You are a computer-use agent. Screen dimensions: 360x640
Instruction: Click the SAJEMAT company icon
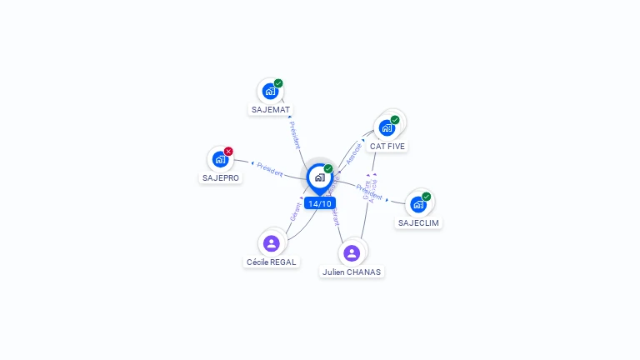269,91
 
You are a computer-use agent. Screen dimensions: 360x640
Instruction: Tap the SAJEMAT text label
271,109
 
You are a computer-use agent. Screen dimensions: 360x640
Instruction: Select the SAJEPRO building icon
220,159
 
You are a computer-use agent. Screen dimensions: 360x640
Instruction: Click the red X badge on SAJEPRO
228,152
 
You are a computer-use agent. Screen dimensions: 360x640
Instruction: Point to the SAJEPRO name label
221,177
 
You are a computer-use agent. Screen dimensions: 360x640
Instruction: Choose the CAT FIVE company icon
387,127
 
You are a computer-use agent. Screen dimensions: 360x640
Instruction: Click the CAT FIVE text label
387,146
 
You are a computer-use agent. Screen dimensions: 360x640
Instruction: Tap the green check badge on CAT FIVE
395,120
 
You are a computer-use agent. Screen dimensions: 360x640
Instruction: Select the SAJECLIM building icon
418,204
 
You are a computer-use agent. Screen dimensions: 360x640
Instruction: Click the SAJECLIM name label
418,222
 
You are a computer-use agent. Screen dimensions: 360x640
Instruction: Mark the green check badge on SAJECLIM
427,197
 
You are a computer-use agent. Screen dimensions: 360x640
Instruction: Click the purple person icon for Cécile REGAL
271,243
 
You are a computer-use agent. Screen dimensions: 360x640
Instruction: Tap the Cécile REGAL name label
272,262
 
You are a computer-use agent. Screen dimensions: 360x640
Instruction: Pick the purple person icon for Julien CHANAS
352,252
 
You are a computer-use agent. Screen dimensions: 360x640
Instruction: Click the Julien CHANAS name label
352,272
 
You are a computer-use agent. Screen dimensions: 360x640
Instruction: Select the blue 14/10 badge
319,203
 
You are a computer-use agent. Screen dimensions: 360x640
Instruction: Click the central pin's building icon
319,177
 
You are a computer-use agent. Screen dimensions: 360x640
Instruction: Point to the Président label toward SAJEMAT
294,135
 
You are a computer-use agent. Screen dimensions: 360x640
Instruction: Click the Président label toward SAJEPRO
270,169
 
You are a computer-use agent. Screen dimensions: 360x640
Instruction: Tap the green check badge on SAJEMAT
278,83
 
